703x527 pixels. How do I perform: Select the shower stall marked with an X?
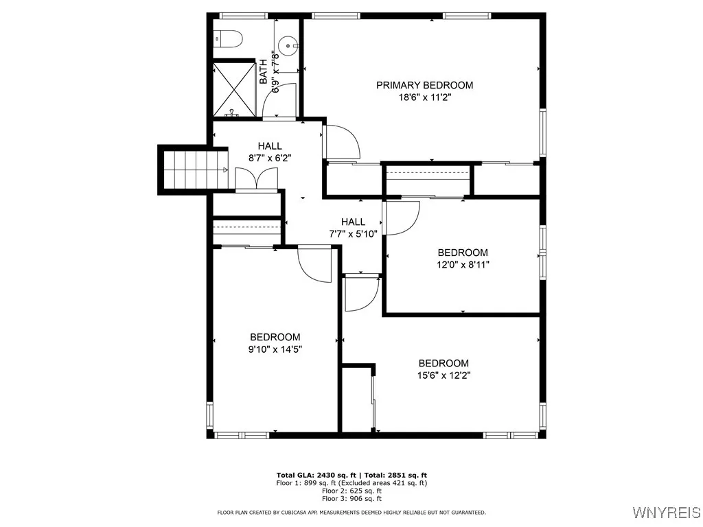click(234, 89)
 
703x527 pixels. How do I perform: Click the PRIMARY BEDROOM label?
click(424, 85)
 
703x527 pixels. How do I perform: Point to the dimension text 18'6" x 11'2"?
click(424, 97)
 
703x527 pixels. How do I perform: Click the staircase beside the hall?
click(196, 169)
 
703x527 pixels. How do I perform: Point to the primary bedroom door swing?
click(341, 143)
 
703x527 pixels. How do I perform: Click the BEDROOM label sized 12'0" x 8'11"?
click(463, 253)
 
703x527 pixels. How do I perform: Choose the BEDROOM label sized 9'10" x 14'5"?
click(275, 337)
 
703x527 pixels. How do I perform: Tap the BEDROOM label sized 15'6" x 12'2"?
click(443, 363)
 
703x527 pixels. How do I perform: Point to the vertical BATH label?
click(263, 72)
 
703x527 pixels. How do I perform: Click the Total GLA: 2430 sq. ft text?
click(314, 475)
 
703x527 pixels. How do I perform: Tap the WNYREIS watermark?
click(665, 513)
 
